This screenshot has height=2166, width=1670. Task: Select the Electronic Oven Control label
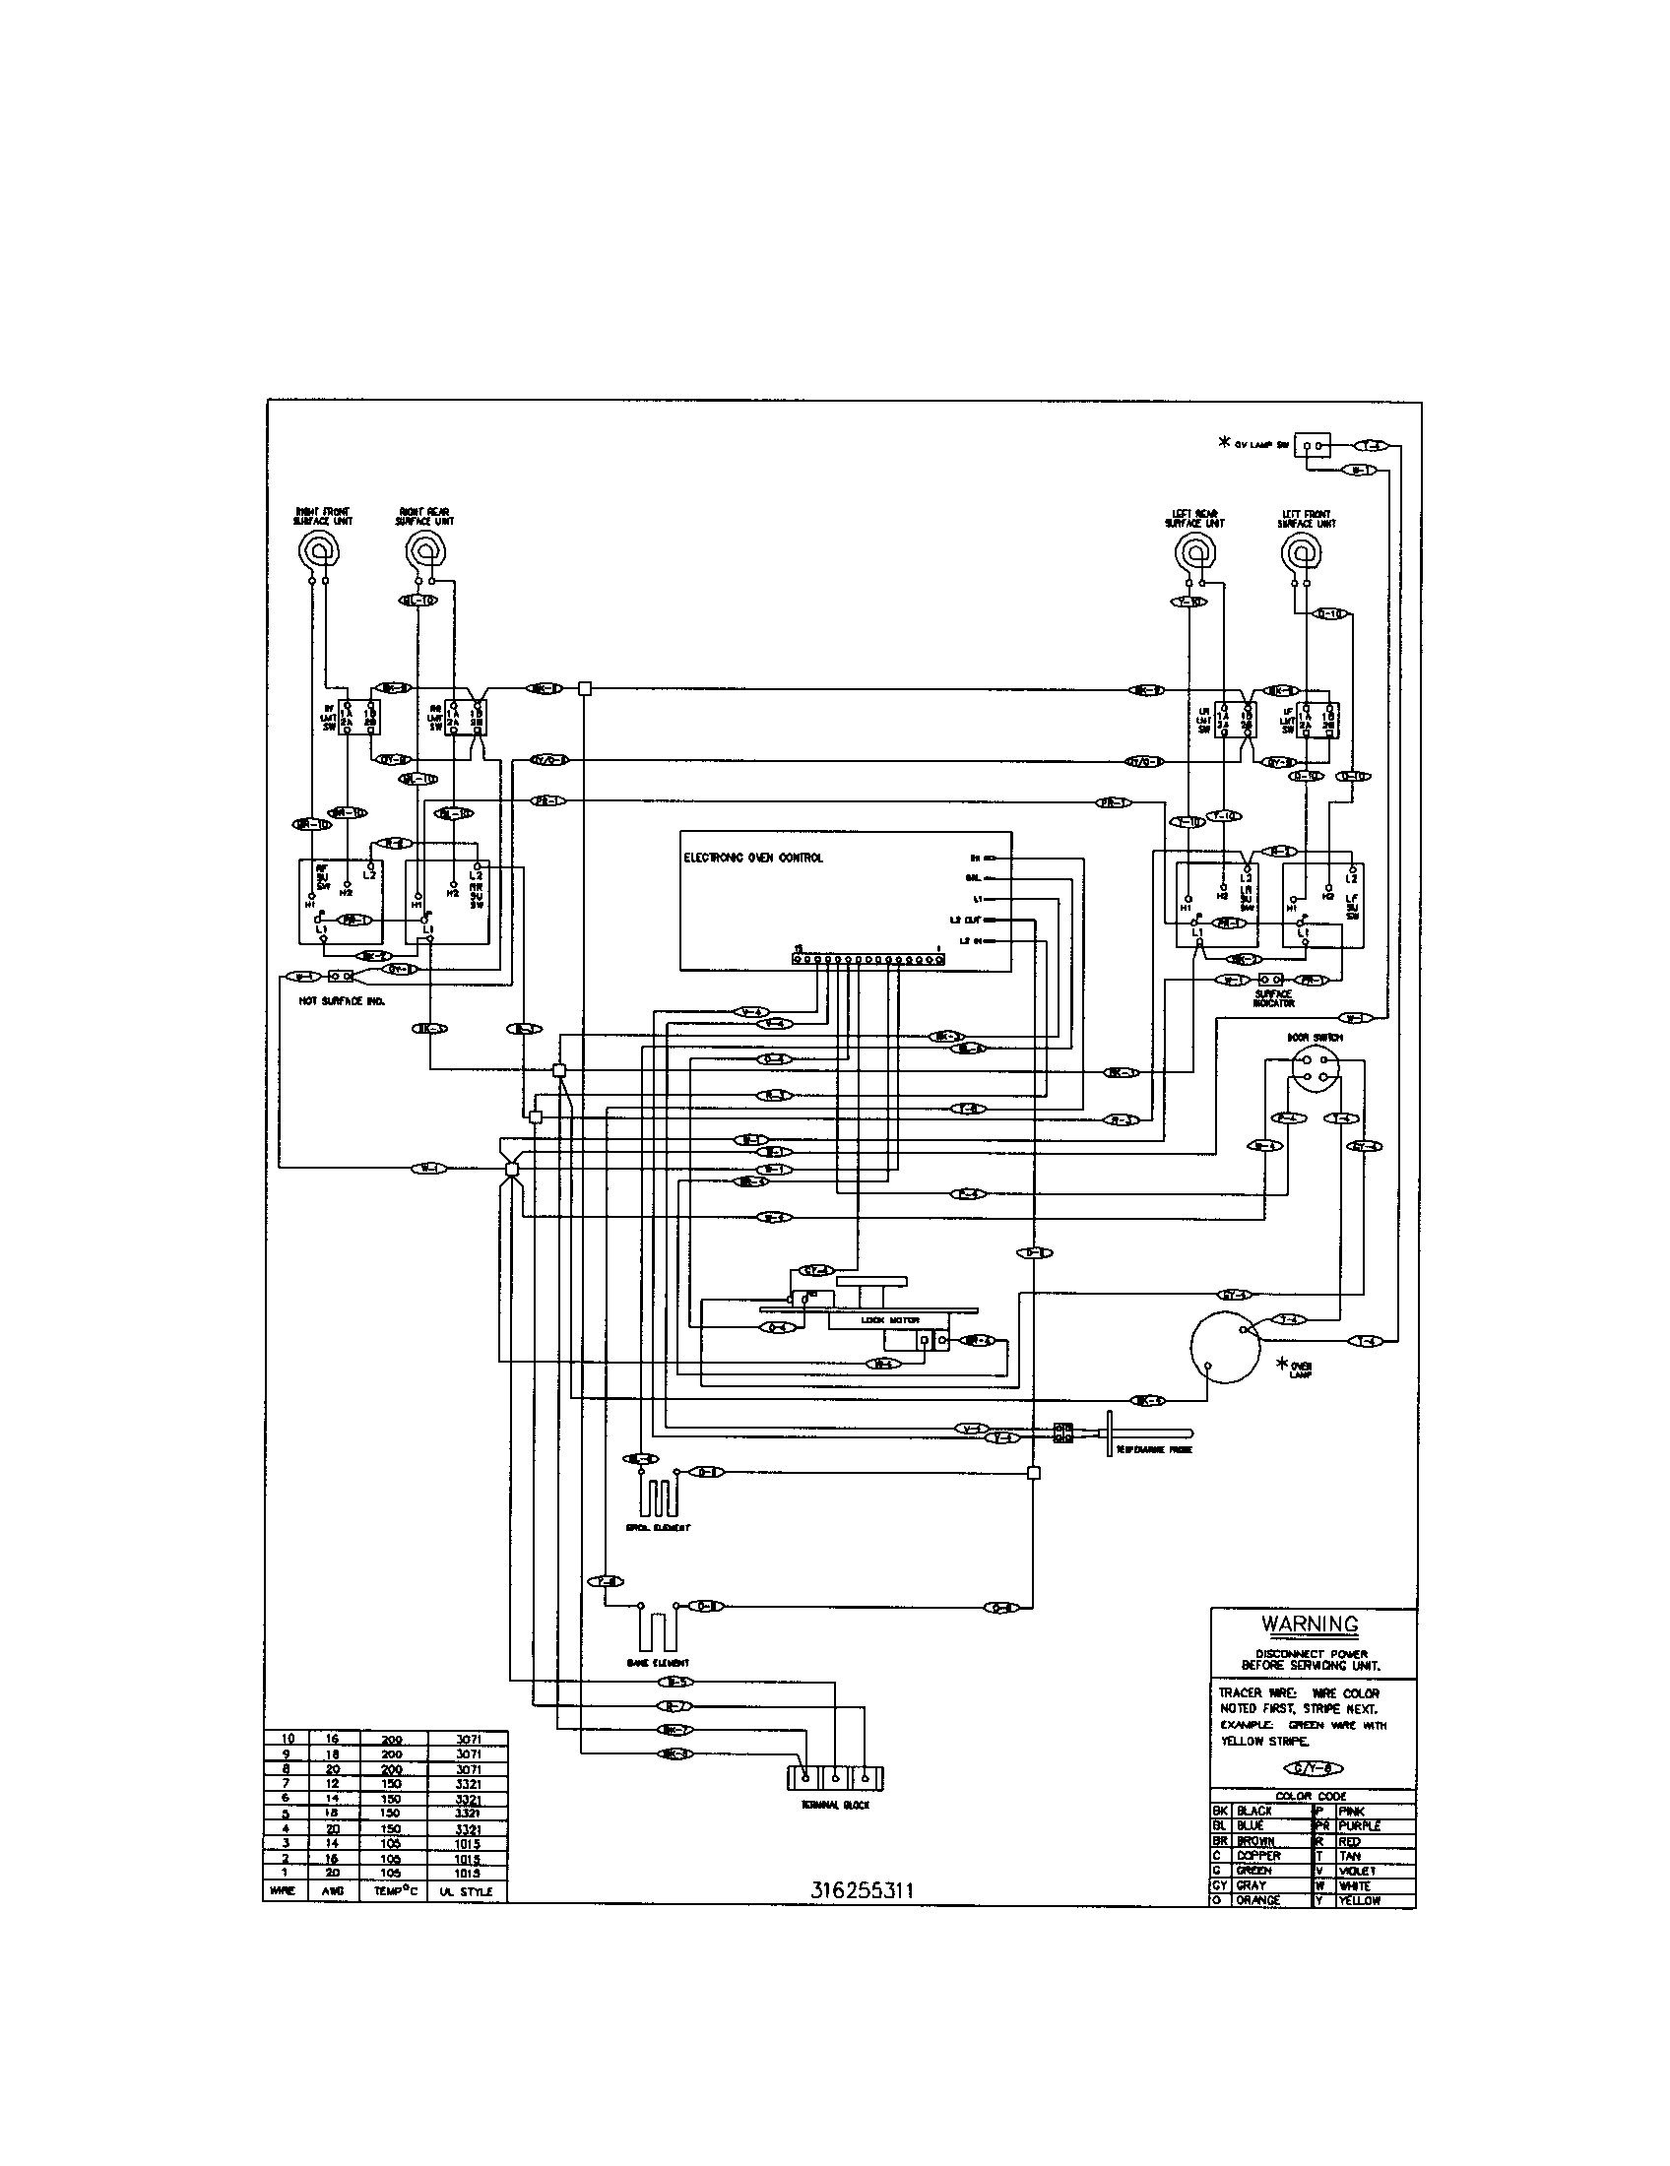pos(752,857)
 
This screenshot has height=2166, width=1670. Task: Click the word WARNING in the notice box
pos(1309,1624)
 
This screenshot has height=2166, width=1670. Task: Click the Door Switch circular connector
pos(1315,1075)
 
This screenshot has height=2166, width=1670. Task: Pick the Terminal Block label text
pos(835,1806)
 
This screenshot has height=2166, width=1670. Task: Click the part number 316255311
pos(862,1890)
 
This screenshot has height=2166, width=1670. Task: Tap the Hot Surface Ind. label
pos(341,1001)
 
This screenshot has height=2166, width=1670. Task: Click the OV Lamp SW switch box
pos(1314,446)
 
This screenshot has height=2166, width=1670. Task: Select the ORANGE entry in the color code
pos(1258,1900)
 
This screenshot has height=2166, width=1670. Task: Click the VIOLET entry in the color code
pos(1357,1871)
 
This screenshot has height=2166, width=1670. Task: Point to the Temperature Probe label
pos(1153,1450)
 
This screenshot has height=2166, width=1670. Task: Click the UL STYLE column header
pos(466,1892)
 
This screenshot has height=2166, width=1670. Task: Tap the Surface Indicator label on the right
pos(1273,997)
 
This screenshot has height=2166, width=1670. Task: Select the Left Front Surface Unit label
pos(1307,519)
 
